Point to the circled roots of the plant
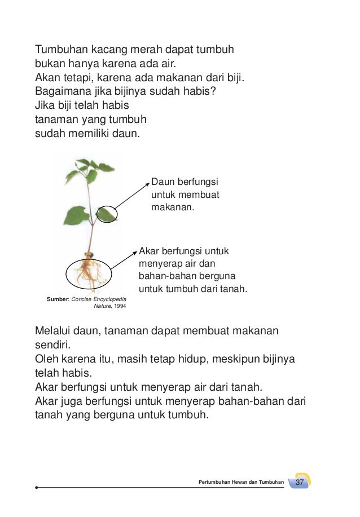(x=89, y=273)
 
